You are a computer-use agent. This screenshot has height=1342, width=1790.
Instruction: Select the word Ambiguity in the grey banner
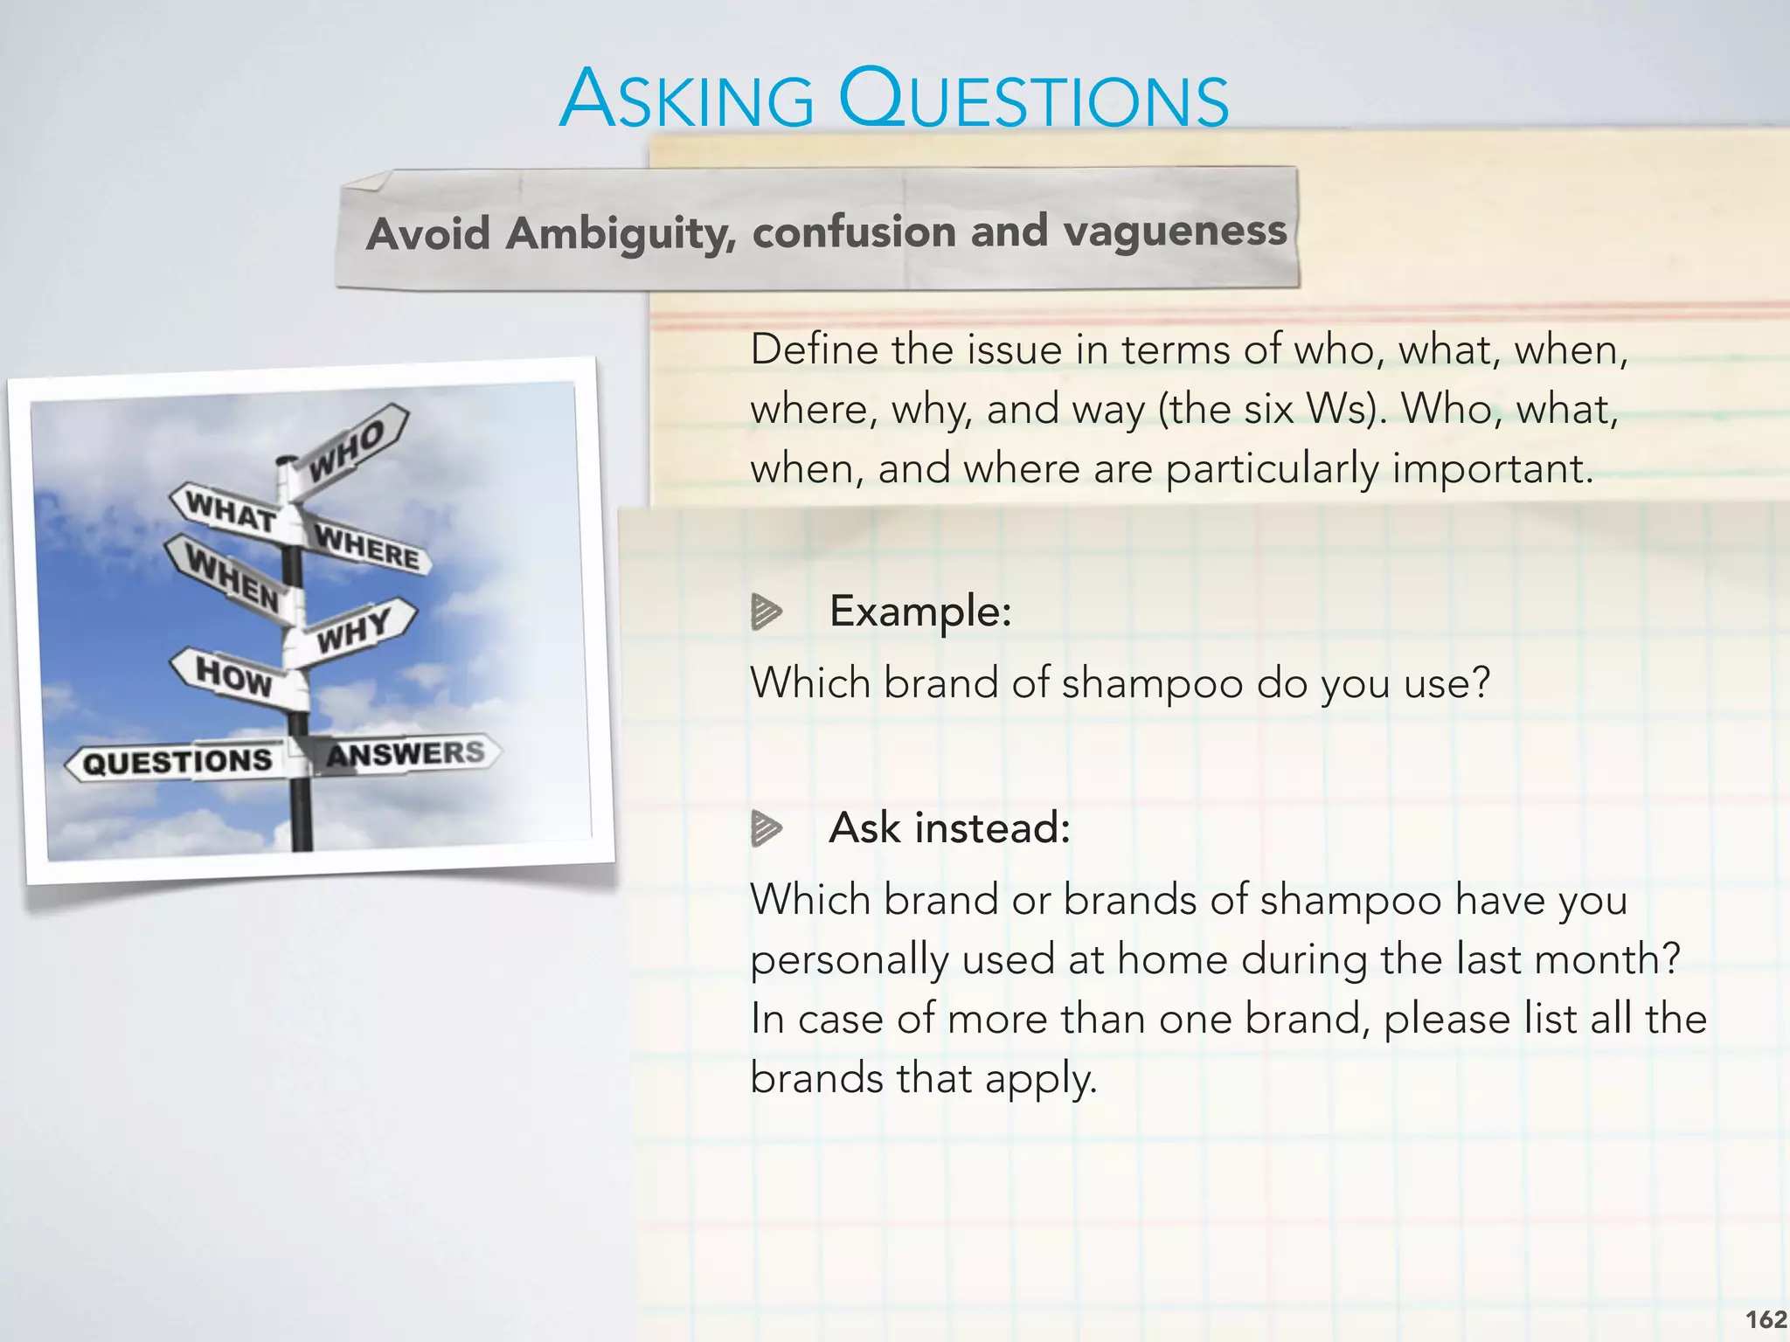click(621, 234)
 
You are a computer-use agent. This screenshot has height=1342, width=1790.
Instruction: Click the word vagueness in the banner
click(1175, 231)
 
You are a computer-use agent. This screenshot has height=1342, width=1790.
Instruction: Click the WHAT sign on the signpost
click(229, 510)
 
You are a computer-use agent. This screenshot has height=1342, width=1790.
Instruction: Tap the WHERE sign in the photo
click(367, 546)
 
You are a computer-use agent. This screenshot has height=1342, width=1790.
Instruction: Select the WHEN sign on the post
click(232, 577)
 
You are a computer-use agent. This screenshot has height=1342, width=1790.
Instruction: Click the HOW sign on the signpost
click(232, 675)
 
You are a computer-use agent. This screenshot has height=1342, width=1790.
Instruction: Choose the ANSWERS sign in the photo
click(406, 752)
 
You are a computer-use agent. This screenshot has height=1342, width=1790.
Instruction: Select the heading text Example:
click(919, 611)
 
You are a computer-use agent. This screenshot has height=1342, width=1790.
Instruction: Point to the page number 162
click(1766, 1319)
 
